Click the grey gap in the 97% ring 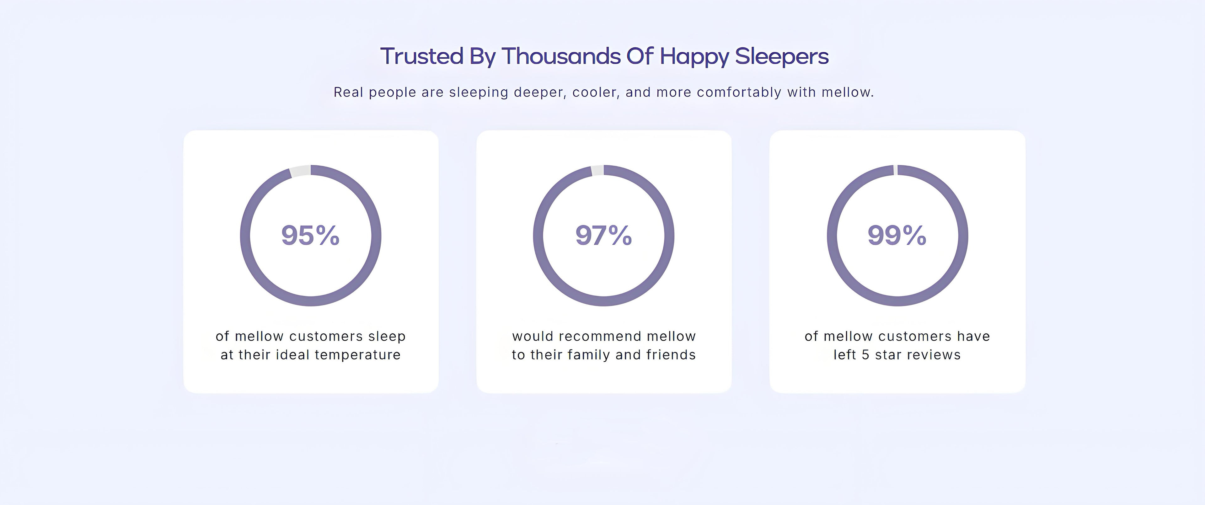(x=597, y=170)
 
